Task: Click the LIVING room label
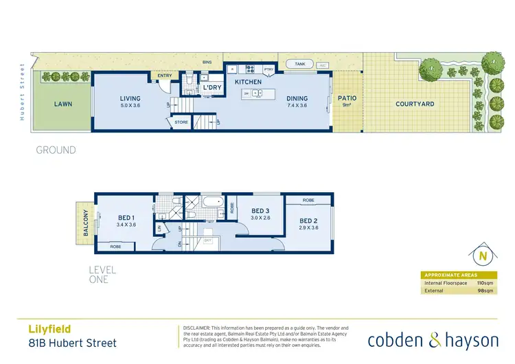point(130,98)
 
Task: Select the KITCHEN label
point(248,82)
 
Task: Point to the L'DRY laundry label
point(210,89)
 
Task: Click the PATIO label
point(347,98)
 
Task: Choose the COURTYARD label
point(415,104)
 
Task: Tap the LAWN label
point(63,104)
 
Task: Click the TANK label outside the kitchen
point(299,64)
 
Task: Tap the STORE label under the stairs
point(181,122)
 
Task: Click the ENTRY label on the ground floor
point(165,76)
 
